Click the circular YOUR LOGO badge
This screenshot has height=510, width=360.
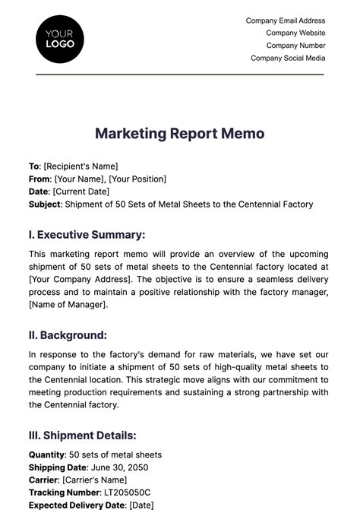point(60,38)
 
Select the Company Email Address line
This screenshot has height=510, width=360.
point(286,21)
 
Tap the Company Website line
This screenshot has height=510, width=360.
point(295,33)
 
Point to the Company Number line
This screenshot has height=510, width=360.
point(295,46)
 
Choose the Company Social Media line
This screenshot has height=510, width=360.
point(288,58)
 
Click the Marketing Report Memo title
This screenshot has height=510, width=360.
point(180,134)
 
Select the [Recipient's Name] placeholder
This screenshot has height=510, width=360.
point(81,166)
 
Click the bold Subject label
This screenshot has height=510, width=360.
point(46,204)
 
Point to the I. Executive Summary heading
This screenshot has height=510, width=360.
point(87,236)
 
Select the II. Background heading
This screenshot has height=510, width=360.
point(68,335)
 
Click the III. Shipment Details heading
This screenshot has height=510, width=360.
point(83,436)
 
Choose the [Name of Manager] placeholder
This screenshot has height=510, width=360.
point(68,305)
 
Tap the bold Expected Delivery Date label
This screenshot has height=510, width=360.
point(77,505)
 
